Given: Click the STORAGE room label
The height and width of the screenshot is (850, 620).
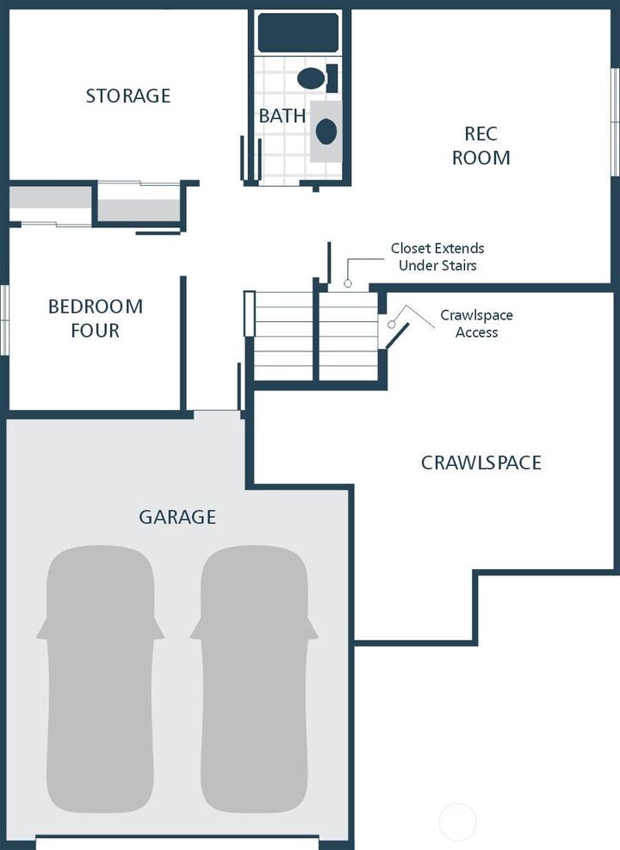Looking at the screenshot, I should point(127,96).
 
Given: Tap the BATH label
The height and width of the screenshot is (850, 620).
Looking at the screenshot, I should point(282,115).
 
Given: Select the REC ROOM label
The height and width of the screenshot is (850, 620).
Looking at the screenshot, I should point(480,146).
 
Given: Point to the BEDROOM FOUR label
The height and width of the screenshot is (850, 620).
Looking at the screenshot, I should point(95,318).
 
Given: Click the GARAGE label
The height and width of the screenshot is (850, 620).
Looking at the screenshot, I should point(177,517).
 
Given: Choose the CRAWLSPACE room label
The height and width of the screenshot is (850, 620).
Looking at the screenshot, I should point(480,462).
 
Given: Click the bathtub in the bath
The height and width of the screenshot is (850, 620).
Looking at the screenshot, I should point(298,32).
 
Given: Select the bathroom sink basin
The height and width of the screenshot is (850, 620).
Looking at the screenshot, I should point(325,131).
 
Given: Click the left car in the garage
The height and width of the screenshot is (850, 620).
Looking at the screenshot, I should point(100,680).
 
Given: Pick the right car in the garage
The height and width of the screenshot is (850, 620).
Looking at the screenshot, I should point(254,680).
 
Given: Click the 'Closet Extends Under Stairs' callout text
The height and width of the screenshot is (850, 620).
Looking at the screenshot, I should point(437,257).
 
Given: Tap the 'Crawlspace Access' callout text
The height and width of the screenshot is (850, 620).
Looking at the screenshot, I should point(476,324).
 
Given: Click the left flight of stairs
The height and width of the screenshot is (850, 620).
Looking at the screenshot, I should point(283,336).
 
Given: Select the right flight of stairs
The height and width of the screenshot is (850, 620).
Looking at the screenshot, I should point(348,336).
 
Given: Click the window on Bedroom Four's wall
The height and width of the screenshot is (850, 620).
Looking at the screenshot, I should point(3,319).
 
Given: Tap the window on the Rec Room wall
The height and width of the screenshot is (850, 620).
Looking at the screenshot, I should point(615,121).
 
